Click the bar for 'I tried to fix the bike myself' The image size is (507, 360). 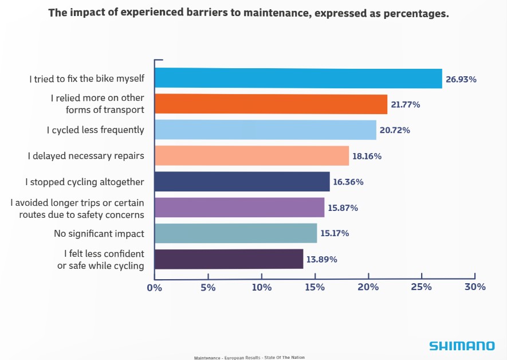pyautogui.click(x=298, y=79)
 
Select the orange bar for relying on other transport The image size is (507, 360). pyautogui.click(x=271, y=104)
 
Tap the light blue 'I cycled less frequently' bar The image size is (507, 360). pyautogui.click(x=265, y=130)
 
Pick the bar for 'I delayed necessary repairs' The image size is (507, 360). pyautogui.click(x=251, y=156)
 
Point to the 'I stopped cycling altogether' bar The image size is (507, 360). pyautogui.click(x=242, y=182)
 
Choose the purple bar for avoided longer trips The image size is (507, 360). pyautogui.click(x=239, y=208)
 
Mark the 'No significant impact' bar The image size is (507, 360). pyautogui.click(x=235, y=233)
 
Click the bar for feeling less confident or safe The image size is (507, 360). pyautogui.click(x=229, y=259)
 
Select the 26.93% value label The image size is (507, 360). pyautogui.click(x=461, y=79)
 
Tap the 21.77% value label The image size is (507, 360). pyautogui.click(x=406, y=105)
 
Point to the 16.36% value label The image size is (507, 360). pyautogui.click(x=348, y=182)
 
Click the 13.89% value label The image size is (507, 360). pyautogui.click(x=321, y=259)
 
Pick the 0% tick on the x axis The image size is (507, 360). pyautogui.click(x=155, y=287)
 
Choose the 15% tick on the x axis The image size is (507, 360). pyautogui.click(x=315, y=287)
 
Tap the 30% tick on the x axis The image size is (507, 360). pyautogui.click(x=475, y=287)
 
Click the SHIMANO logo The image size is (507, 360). pyautogui.click(x=462, y=346)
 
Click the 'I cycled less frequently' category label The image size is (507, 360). pyautogui.click(x=95, y=130)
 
